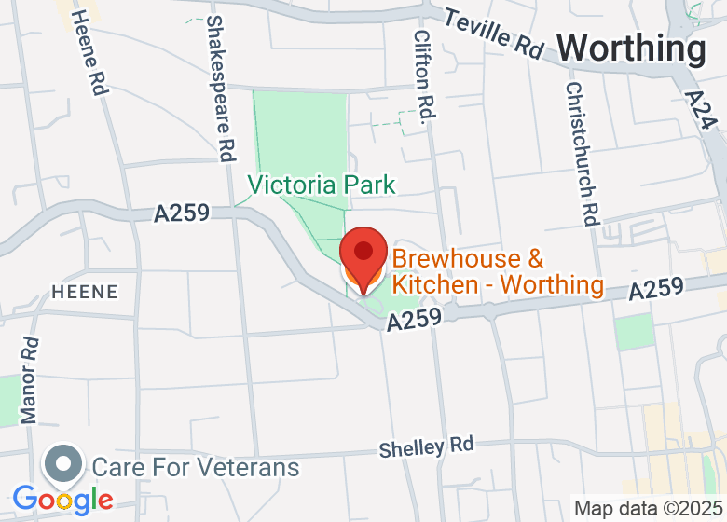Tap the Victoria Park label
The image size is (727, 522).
[322, 185]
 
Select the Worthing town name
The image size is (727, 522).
[632, 48]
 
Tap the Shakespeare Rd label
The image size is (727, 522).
[221, 89]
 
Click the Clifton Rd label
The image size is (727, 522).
[424, 76]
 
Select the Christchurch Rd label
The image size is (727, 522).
[581, 153]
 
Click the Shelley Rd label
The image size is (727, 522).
[426, 446]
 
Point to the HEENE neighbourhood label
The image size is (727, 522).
[85, 292]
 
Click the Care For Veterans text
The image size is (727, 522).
[195, 466]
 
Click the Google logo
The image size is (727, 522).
[62, 500]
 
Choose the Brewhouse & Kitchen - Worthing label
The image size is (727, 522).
[497, 271]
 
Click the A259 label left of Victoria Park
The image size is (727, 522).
[183, 213]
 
